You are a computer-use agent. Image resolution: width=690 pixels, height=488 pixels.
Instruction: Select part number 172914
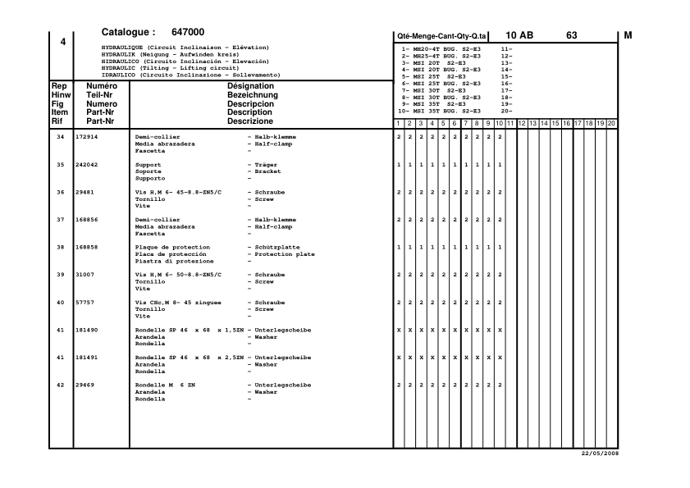point(87,136)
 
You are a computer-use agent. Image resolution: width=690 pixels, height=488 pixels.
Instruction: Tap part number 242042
point(87,164)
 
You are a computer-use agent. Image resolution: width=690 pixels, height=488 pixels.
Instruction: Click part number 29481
point(85,192)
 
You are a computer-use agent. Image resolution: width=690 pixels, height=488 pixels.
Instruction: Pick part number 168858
point(87,248)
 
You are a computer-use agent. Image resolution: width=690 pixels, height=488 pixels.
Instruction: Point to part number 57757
point(85,303)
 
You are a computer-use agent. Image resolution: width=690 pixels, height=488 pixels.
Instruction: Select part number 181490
point(87,331)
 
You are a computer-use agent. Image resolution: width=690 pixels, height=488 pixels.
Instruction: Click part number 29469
point(85,385)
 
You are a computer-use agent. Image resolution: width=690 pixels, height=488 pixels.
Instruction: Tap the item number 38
point(61,248)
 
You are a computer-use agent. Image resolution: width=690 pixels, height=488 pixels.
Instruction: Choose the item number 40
point(61,303)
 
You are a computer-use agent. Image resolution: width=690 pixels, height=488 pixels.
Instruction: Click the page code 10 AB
point(519,35)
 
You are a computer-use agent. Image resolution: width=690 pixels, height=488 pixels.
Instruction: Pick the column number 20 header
point(611,123)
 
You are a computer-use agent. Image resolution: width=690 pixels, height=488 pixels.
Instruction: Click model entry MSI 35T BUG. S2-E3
point(447,111)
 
